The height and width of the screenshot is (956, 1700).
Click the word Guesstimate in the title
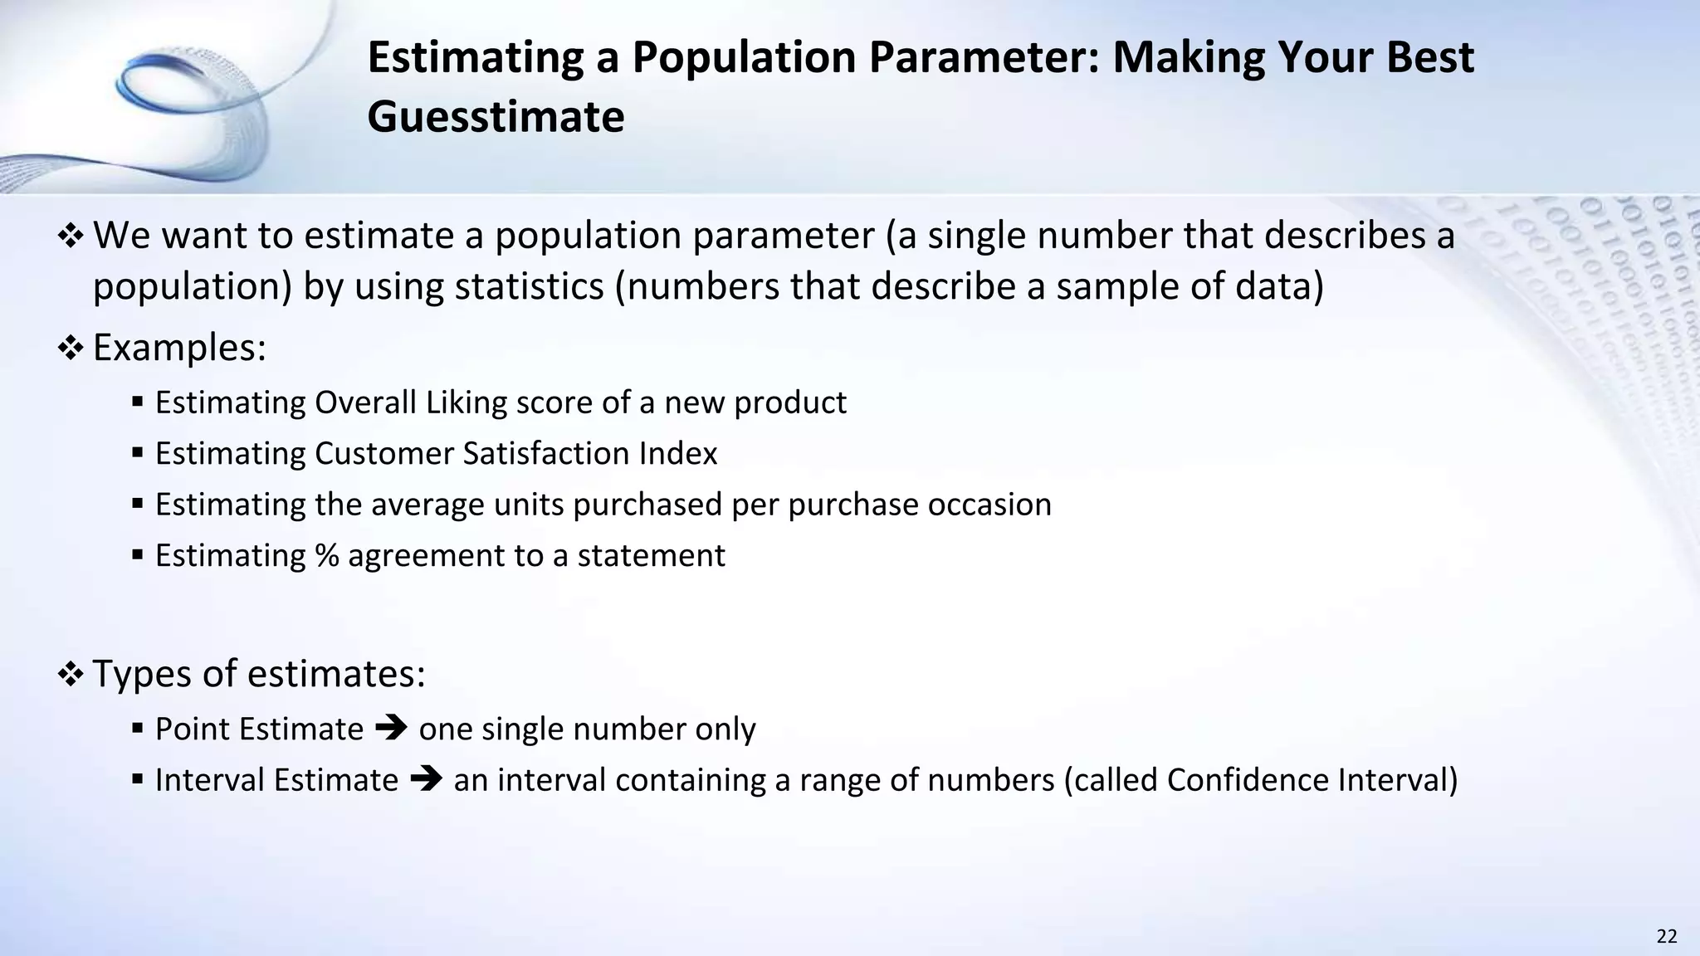(x=496, y=117)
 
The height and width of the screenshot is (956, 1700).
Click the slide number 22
(x=1666, y=937)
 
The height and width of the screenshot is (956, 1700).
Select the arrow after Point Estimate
(x=391, y=729)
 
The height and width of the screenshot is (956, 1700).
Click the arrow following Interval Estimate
(x=426, y=780)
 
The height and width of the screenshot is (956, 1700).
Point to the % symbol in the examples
(x=327, y=555)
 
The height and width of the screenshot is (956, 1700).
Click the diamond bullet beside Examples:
(x=71, y=349)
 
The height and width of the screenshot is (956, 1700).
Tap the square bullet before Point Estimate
(x=138, y=729)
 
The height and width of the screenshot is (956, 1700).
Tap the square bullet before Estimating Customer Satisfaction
(x=138, y=454)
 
